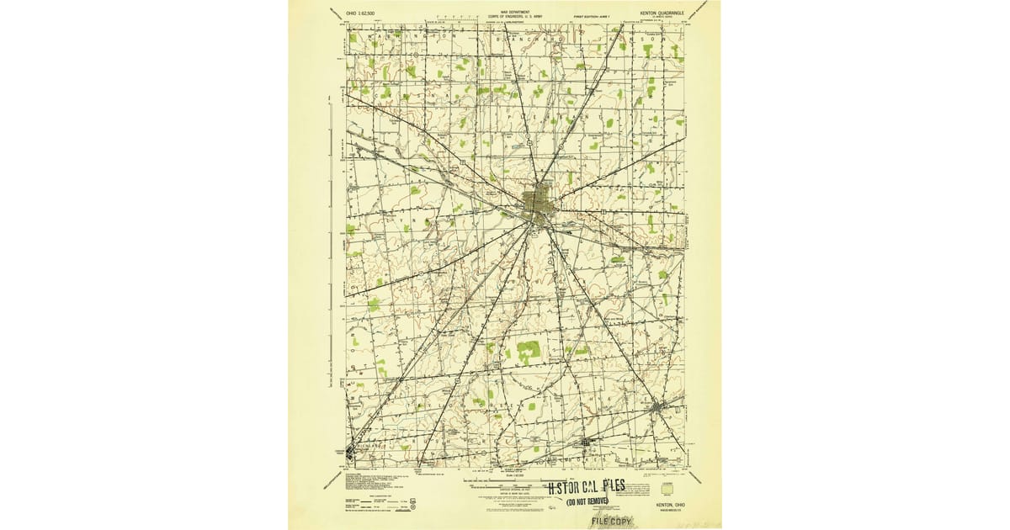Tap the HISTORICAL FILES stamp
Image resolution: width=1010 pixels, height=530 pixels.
tap(604, 488)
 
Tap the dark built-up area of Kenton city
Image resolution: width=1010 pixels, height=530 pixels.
tap(535, 204)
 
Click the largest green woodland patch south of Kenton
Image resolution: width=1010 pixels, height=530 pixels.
tap(528, 348)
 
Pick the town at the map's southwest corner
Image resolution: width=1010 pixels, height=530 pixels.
tap(351, 453)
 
